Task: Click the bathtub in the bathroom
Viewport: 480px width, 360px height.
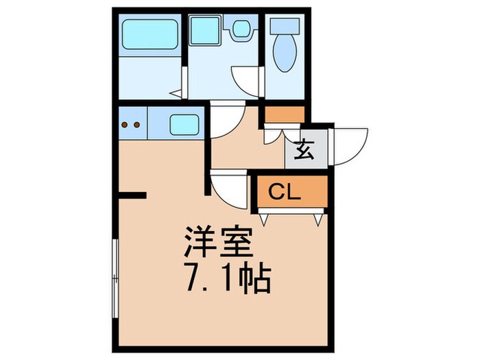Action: pos(149,32)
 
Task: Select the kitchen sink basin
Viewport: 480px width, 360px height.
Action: pos(184,125)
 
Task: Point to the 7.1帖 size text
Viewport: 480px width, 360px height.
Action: pos(226,276)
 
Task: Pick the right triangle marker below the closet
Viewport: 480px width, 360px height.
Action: pos(318,219)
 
